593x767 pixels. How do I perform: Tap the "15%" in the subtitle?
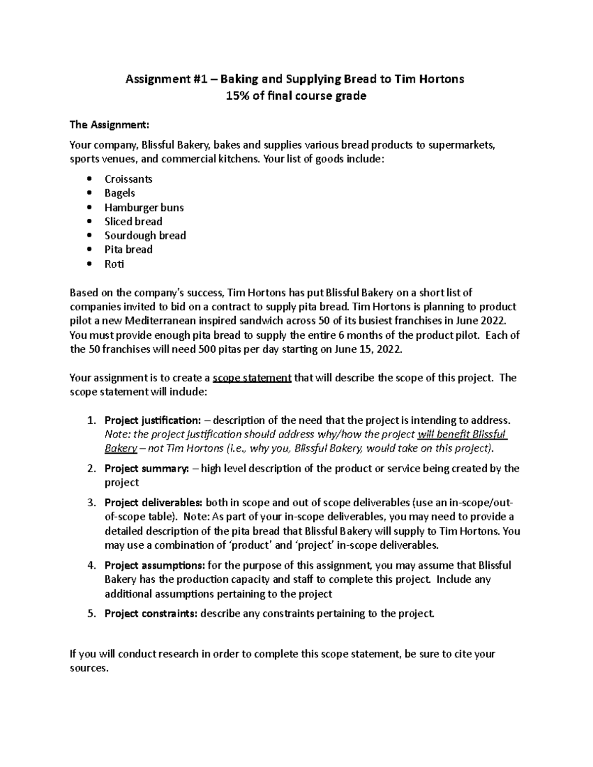(x=237, y=96)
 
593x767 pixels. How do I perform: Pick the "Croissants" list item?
(x=128, y=179)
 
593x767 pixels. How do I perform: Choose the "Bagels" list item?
(x=120, y=193)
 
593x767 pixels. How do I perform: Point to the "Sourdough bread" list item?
(x=145, y=236)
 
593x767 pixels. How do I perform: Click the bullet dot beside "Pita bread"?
(x=89, y=250)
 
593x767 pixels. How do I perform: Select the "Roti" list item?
(x=114, y=264)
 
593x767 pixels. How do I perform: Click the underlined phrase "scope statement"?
(x=252, y=378)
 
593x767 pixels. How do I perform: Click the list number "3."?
(x=91, y=503)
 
